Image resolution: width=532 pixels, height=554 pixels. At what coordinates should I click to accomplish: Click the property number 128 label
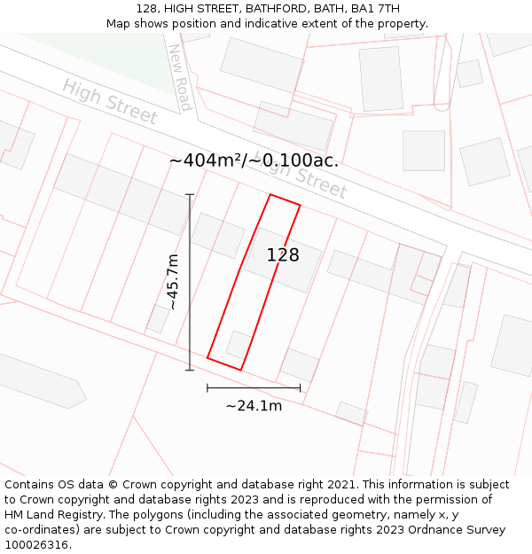[x=283, y=255]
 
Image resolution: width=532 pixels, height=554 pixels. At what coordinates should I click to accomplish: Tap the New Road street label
[x=180, y=77]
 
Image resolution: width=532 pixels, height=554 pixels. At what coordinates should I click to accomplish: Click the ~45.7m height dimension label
[x=173, y=281]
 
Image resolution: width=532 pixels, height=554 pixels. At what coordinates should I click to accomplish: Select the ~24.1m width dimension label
[x=254, y=406]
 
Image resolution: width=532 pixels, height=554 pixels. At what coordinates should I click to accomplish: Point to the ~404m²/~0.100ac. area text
[x=254, y=160]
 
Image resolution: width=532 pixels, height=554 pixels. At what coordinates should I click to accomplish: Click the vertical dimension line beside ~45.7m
[x=190, y=281]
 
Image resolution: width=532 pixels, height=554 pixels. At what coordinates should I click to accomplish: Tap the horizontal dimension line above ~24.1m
[x=254, y=387]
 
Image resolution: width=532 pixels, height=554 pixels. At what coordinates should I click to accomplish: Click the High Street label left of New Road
[x=110, y=102]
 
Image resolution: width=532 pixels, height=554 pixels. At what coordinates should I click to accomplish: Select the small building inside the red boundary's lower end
[x=238, y=344]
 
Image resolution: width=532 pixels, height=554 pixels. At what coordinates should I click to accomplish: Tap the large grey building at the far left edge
[x=40, y=379]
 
